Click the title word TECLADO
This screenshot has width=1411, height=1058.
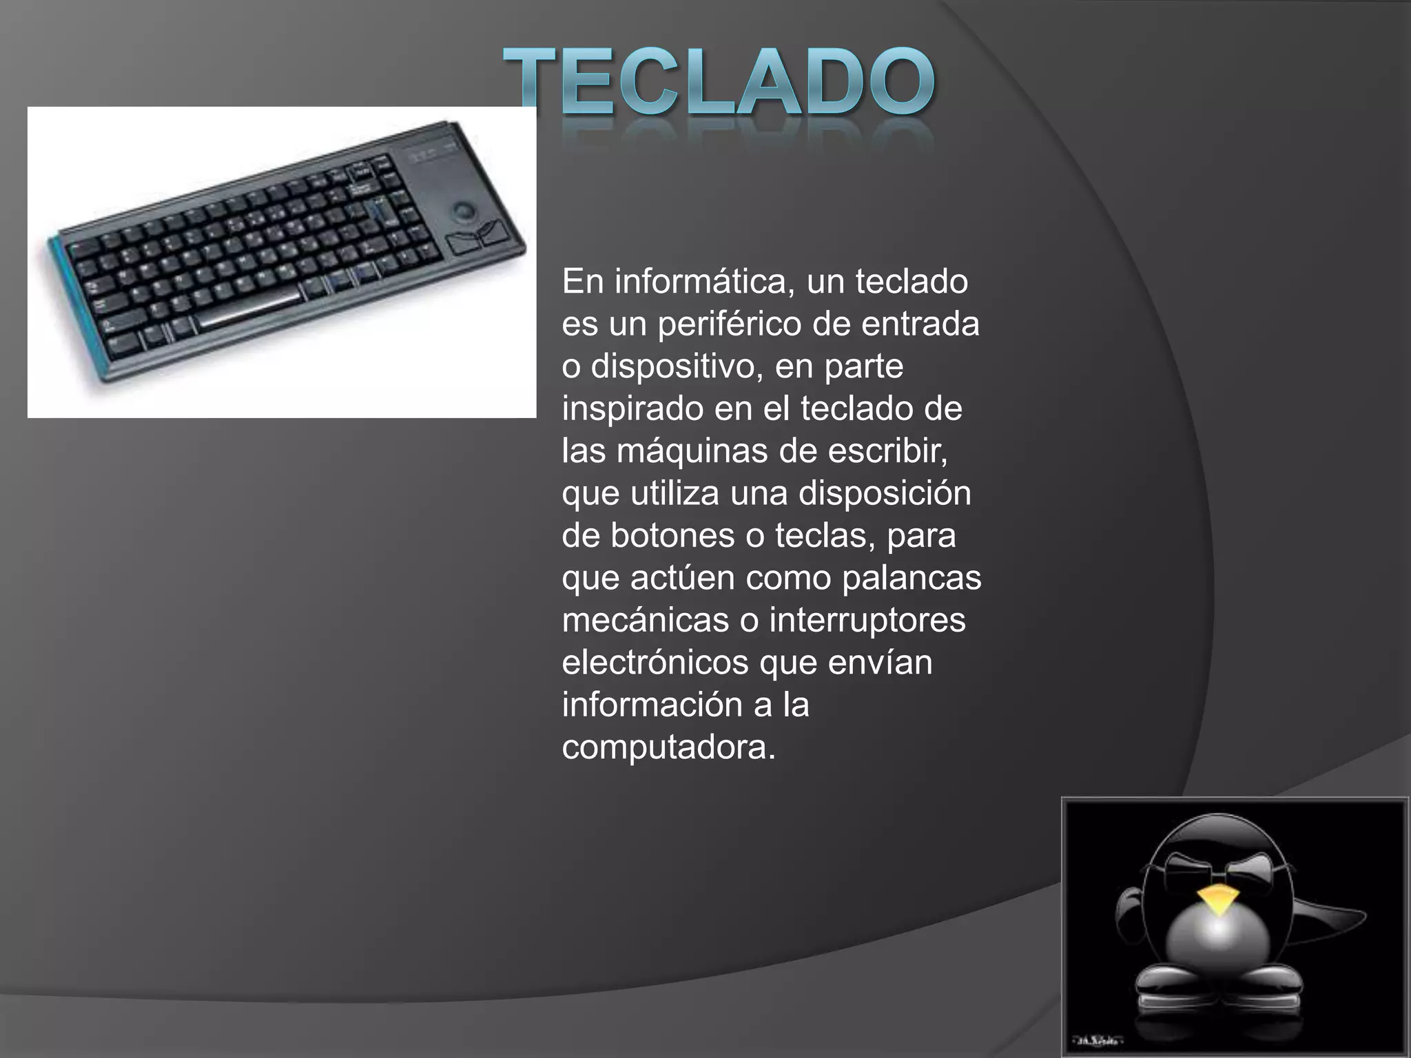(719, 83)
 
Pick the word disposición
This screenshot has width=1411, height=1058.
(885, 494)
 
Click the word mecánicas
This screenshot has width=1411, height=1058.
(645, 620)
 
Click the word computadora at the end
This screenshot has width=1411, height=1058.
(668, 747)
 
